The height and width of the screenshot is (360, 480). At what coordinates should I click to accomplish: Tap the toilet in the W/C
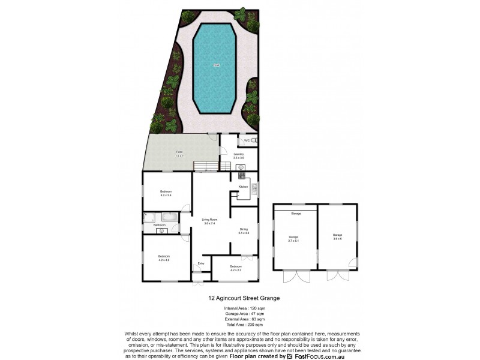click(254, 140)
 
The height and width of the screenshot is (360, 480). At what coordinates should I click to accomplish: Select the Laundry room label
click(239, 155)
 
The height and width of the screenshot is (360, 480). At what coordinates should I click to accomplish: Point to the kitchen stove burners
click(241, 175)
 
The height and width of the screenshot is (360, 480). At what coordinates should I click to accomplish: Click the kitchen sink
click(254, 188)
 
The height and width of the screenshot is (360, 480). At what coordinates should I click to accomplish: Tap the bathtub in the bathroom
click(170, 217)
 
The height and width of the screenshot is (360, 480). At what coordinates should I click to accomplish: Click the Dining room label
click(244, 230)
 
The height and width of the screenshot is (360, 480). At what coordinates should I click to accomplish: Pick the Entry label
click(200, 263)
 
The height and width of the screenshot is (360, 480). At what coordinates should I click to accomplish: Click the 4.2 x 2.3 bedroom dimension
click(235, 270)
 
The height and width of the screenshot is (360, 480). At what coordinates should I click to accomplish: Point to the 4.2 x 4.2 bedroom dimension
click(164, 260)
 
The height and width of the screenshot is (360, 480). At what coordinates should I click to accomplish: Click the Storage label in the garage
click(296, 214)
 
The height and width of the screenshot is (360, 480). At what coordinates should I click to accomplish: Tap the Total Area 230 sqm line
click(240, 325)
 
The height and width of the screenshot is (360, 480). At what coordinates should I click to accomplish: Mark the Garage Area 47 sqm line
click(240, 314)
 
